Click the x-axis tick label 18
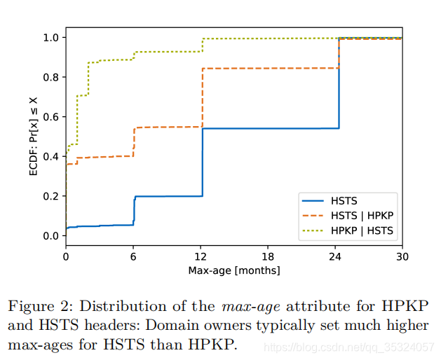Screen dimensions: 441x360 267,256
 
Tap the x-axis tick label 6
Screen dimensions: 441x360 133,256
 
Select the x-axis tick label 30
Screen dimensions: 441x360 402,256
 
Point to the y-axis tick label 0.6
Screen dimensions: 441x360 50,117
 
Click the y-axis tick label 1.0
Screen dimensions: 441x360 50,38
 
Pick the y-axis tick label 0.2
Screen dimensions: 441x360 50,196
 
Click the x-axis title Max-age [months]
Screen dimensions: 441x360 234,270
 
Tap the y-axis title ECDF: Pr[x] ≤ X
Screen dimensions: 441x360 34,137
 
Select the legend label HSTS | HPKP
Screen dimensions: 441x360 362,216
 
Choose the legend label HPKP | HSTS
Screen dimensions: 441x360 362,230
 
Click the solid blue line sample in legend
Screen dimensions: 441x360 313,201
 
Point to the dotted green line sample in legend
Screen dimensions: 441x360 313,230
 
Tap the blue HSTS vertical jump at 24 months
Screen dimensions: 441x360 339,83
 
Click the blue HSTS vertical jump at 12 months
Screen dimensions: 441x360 202,162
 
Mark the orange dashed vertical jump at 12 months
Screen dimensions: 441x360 202,98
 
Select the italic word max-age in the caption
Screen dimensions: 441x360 251,307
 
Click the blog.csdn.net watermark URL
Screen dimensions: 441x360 349,347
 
